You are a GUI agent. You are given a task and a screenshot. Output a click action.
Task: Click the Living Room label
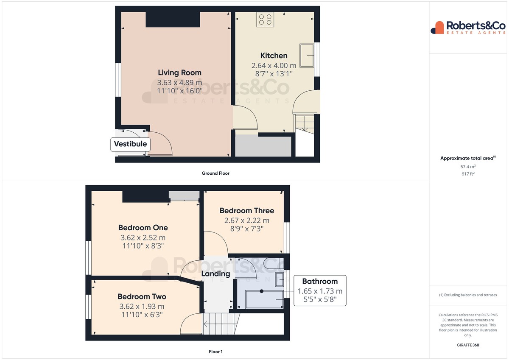coord(179,73)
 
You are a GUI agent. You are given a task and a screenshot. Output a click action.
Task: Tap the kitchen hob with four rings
coord(265,20)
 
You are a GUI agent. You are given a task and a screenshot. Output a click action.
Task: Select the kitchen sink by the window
coord(307,56)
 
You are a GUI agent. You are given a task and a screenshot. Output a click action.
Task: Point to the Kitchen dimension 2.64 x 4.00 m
coord(274,66)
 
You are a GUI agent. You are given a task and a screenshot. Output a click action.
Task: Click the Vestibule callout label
coord(131,144)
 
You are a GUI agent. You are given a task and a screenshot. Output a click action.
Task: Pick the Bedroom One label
coord(143,228)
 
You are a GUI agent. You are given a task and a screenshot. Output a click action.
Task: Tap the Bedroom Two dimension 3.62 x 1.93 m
coord(142,307)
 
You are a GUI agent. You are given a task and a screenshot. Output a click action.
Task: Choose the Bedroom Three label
coord(247,211)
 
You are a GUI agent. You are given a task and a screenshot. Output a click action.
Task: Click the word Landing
coord(215,274)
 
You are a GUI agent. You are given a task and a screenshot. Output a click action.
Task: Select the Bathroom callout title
coord(320,282)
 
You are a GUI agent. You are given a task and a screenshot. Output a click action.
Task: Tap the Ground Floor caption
coord(215,173)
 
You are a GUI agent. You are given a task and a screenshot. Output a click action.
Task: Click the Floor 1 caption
coord(215,352)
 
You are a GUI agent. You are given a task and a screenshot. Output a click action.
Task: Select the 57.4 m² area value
coord(468,167)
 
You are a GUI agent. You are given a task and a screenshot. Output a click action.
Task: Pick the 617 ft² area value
coord(468,174)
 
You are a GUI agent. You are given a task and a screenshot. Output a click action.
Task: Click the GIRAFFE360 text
coord(468,345)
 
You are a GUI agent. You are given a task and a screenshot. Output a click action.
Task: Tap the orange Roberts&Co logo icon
coord(437,28)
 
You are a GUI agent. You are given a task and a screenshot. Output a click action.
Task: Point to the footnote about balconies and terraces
coord(468,295)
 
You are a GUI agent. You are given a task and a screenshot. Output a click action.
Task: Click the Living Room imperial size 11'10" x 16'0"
coord(179,91)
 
